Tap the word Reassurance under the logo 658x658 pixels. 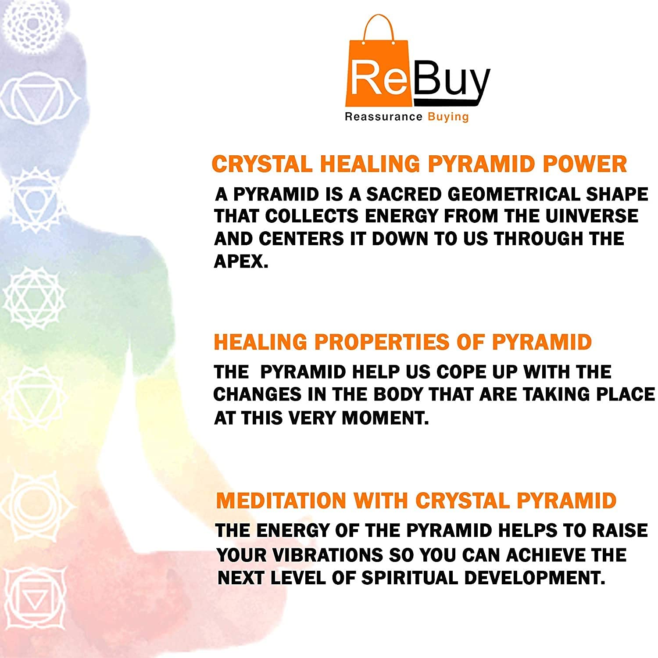tap(383, 117)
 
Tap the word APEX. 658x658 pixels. tap(241, 261)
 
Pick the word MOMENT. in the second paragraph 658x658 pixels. tap(385, 418)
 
